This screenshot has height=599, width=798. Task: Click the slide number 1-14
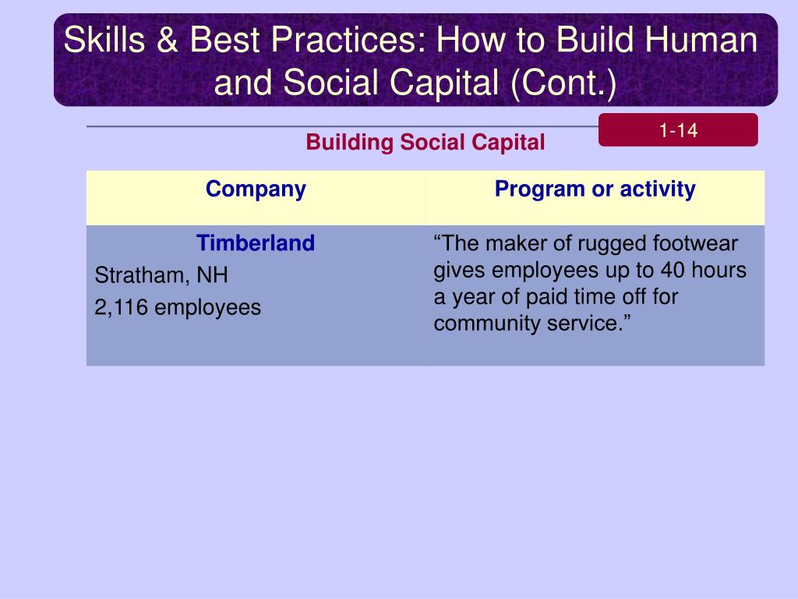pos(678,130)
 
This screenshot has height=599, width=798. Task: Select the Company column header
pos(256,190)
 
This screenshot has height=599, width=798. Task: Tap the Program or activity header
pos(595,189)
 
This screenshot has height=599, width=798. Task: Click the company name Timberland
pos(256,243)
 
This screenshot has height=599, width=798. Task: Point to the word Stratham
pos(139,275)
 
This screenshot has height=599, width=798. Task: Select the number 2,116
pos(121,307)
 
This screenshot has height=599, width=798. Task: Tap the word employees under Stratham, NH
pos(207,308)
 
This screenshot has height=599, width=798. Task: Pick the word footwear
pos(695,243)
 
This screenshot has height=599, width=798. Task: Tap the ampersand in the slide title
pos(168,40)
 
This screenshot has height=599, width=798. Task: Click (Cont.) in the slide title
pos(564,83)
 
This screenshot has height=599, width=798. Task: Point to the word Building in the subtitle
pos(349,143)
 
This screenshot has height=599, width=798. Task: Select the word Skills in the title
pos(105,40)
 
